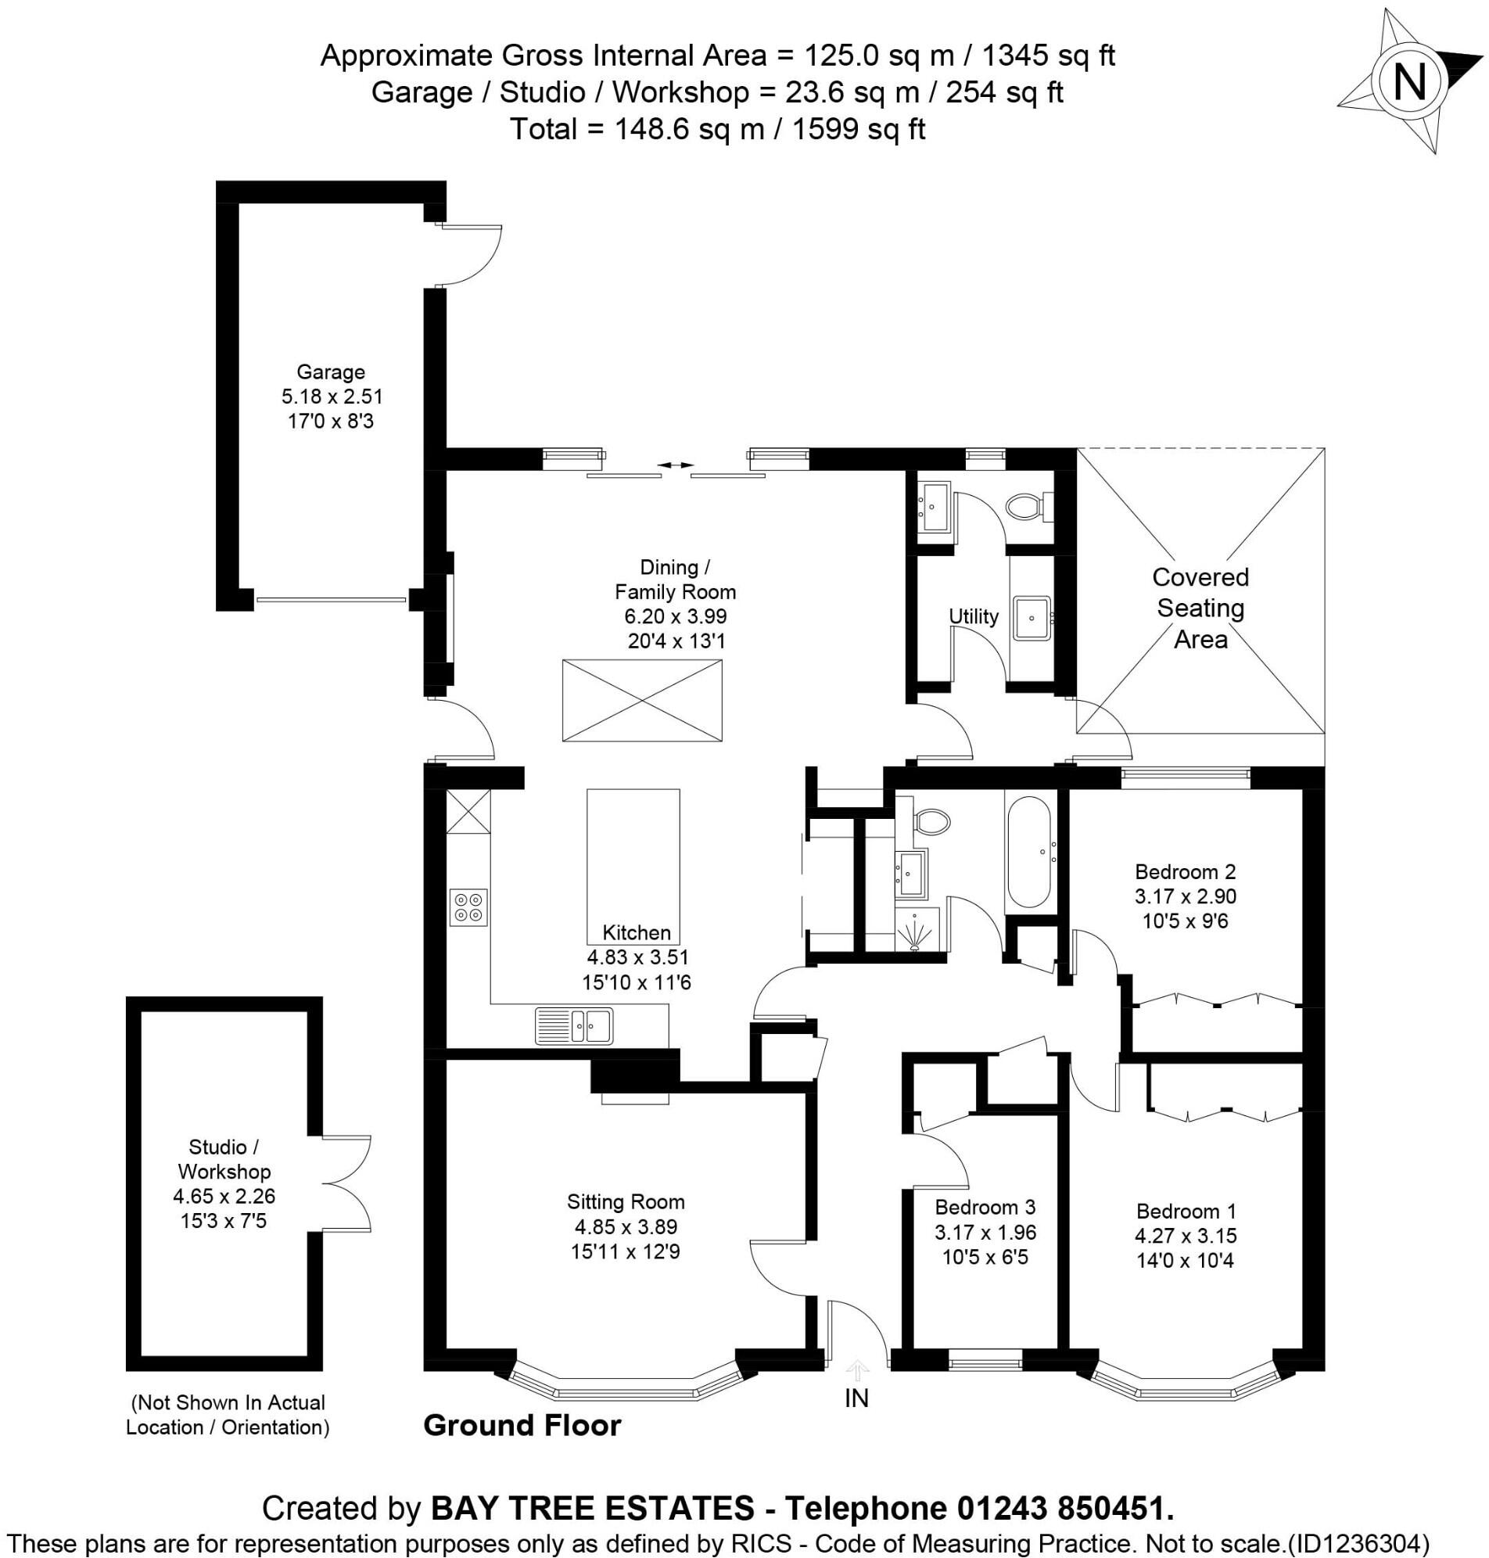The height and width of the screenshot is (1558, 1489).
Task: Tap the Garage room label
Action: pos(330,372)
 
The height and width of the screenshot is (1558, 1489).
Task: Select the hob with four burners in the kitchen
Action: pos(468,908)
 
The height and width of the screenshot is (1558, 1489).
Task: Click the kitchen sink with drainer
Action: pos(574,1025)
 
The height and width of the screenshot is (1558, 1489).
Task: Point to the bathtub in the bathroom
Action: pos(1028,853)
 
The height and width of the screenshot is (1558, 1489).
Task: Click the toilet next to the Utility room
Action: pos(1027,505)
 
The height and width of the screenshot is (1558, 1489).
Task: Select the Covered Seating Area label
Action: pos(1200,608)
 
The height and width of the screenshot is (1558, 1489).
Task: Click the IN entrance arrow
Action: pos(856,1371)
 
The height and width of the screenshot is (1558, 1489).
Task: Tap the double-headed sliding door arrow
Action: pos(676,465)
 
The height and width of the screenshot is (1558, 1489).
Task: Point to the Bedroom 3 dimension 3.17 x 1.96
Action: pos(985,1233)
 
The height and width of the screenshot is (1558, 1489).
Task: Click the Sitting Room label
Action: pos(626,1201)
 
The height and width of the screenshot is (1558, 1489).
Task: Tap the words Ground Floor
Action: pos(522,1426)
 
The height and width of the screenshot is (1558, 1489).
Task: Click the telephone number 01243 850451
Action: pos(1064,1508)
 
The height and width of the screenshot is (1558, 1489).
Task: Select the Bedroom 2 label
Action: pos(1185,871)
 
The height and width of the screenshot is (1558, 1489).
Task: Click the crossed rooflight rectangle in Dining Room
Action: pos(642,701)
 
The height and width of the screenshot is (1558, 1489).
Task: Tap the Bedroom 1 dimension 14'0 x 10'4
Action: pos(1185,1260)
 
